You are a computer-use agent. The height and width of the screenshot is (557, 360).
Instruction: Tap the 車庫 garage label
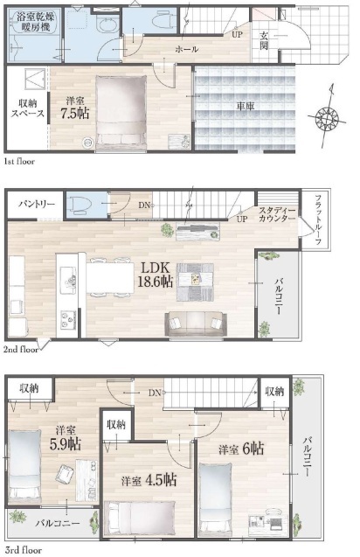[x=246, y=106]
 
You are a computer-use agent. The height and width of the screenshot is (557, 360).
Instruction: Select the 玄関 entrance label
[x=264, y=40]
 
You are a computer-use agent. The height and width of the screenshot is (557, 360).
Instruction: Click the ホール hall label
[x=187, y=49]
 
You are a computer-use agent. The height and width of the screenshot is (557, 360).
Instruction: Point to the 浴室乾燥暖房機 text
[x=35, y=22]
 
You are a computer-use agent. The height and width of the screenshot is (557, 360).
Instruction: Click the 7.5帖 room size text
[x=75, y=114]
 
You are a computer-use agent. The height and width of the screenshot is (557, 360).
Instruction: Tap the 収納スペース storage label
[x=28, y=108]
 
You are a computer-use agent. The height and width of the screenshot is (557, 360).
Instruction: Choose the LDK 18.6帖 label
[x=156, y=275]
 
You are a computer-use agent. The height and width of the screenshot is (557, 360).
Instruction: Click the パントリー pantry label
[x=37, y=205]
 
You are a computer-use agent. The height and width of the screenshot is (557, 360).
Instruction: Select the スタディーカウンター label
[x=277, y=214]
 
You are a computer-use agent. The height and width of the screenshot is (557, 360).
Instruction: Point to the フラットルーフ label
[x=318, y=219]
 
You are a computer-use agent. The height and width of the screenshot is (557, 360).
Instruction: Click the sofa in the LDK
[x=196, y=324]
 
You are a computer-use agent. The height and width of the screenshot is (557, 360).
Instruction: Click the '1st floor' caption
[x=19, y=162]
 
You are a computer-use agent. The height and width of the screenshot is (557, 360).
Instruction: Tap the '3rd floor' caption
[x=23, y=550]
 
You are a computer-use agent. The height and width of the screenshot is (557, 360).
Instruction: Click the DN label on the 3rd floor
[x=156, y=393]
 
